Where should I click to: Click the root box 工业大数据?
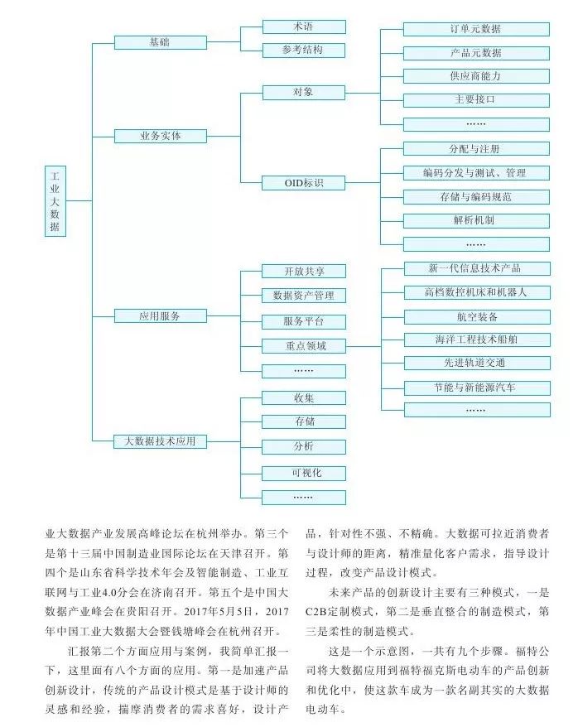click(55, 201)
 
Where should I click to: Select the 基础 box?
click(160, 42)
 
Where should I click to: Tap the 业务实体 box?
click(160, 135)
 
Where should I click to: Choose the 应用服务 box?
click(160, 315)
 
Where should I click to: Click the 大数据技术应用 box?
click(160, 441)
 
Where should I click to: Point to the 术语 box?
click(303, 27)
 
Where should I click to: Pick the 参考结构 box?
click(303, 50)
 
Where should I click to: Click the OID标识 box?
click(303, 181)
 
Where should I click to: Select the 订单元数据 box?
click(475, 29)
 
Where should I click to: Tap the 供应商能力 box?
click(475, 76)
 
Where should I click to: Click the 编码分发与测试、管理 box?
click(475, 173)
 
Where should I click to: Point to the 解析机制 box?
click(475, 221)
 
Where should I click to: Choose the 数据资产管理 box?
click(303, 295)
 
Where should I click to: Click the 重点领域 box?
click(303, 346)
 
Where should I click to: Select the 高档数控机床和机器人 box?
click(475, 292)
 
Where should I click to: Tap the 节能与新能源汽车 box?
click(475, 388)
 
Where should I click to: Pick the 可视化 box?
click(303, 473)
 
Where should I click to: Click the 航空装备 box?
click(475, 316)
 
